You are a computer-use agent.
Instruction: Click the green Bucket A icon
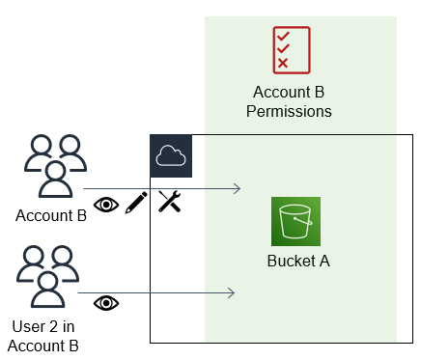(295, 221)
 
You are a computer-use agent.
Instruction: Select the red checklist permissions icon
(291, 49)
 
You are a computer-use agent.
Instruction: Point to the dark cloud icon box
(172, 156)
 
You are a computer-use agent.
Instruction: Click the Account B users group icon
(54, 165)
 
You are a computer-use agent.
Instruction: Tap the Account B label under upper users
(51, 215)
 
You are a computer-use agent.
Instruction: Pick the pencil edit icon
(136, 203)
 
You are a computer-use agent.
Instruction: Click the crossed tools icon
(170, 202)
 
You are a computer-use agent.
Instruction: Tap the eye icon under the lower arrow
(105, 303)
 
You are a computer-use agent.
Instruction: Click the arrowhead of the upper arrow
(237, 189)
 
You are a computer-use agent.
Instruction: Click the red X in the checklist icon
(282, 64)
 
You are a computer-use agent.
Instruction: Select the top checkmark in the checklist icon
(282, 36)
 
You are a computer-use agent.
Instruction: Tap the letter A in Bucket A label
(324, 262)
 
